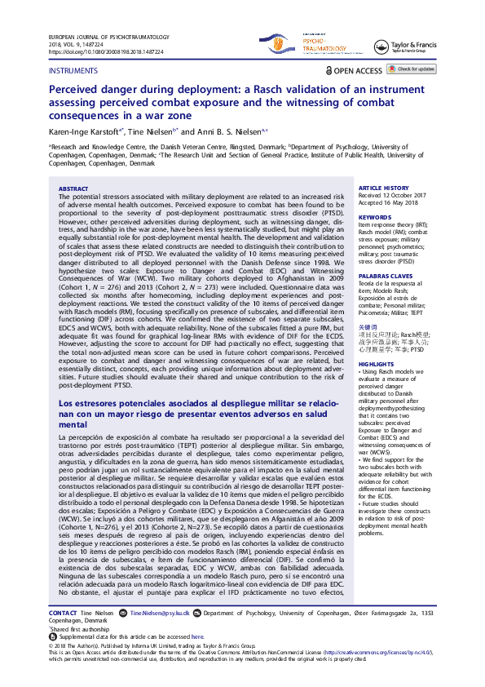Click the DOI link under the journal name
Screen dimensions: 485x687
[x=106, y=51]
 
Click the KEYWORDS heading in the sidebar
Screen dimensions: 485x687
[x=375, y=217]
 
